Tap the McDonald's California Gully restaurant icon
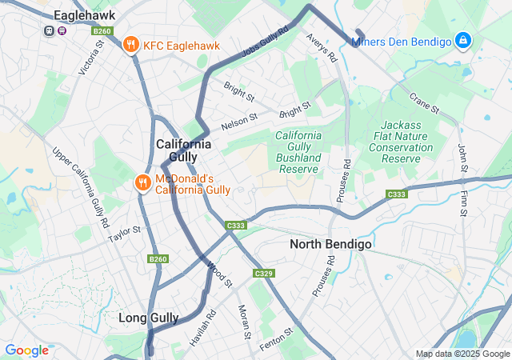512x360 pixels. tap(143, 183)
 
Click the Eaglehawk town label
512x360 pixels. tap(84, 15)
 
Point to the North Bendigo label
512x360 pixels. tap(330, 244)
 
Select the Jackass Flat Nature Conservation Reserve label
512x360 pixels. tap(402, 142)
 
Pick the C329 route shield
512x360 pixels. tap(263, 274)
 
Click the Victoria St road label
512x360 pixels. tap(91, 58)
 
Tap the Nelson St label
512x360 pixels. tap(239, 122)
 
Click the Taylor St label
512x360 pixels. tap(125, 234)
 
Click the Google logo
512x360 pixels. tap(26, 350)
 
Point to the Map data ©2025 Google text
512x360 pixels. tap(462, 354)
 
